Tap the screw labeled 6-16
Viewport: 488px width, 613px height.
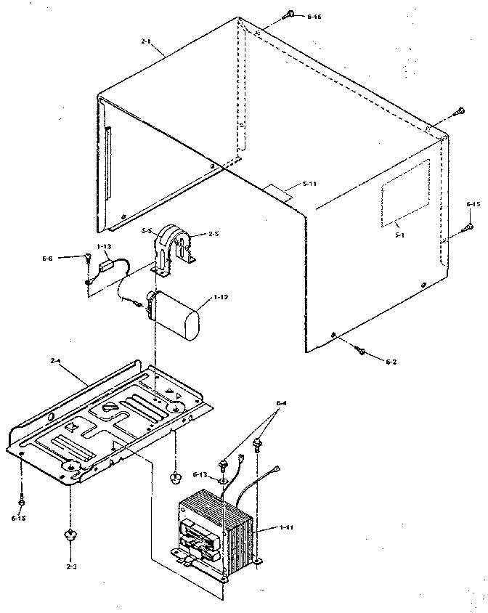point(290,14)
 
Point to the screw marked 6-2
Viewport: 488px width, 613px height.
point(360,351)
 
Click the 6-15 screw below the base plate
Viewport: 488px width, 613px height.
point(21,501)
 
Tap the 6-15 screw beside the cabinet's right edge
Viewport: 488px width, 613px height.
point(468,226)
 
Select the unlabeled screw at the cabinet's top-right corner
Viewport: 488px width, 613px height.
point(458,110)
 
